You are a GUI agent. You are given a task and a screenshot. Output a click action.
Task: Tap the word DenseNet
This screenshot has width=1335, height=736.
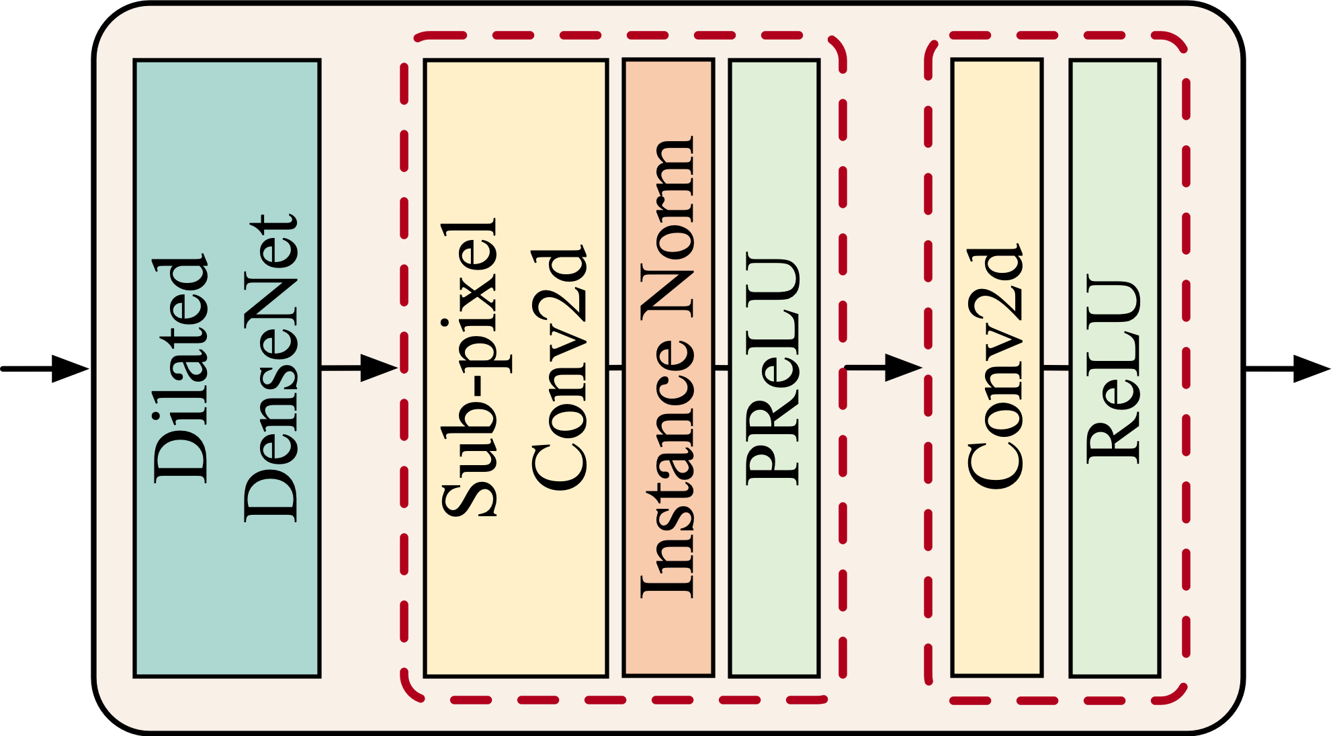pyautogui.click(x=270, y=368)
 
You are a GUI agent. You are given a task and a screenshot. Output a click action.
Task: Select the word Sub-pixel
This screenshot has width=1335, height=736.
pyautogui.click(x=470, y=368)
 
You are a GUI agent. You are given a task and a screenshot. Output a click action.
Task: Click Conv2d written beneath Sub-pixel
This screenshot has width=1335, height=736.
pyautogui.click(x=559, y=368)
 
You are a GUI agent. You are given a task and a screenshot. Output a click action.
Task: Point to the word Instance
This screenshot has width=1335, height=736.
pyautogui.click(x=666, y=471)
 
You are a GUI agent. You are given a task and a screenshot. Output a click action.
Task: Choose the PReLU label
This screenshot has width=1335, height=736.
pyautogui.click(x=774, y=368)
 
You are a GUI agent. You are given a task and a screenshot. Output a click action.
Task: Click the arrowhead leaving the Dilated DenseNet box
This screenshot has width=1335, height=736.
pyautogui.click(x=380, y=368)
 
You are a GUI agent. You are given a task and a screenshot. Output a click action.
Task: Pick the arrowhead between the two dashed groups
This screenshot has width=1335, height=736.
pyautogui.click(x=903, y=368)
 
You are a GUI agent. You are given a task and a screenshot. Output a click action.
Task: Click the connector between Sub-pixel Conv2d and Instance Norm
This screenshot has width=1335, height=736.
pyautogui.click(x=615, y=368)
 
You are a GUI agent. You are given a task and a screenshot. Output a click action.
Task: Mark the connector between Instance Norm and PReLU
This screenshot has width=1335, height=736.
pyautogui.click(x=721, y=368)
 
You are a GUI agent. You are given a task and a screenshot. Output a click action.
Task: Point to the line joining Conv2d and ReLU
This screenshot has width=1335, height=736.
pyautogui.click(x=1056, y=368)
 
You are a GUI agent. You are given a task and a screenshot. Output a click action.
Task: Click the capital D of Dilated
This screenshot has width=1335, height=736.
pyautogui.click(x=180, y=457)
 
